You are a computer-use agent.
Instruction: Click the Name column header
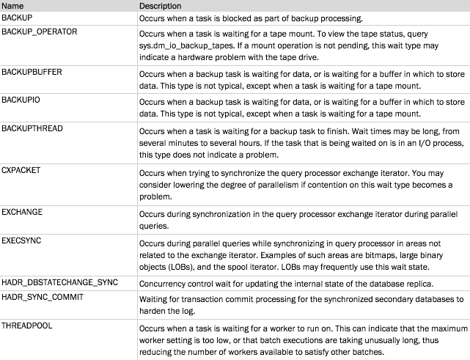[13, 6]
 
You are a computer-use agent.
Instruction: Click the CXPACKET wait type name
[22, 169]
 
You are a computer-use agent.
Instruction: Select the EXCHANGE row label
[22, 212]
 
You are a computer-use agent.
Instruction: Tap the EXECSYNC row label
[22, 240]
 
